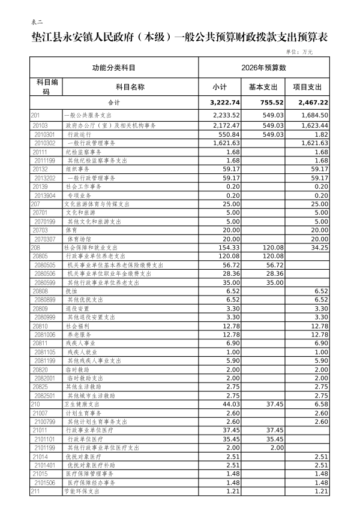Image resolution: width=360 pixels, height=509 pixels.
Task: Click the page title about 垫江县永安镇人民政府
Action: (x=179, y=38)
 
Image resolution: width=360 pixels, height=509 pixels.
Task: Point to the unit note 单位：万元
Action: (x=299, y=52)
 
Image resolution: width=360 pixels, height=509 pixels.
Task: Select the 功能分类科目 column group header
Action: (x=114, y=68)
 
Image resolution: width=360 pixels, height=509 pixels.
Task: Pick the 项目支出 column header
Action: (x=307, y=87)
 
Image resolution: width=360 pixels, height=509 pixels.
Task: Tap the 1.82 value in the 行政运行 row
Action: (x=320, y=135)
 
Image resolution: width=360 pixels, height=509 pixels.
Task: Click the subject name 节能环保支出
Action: (x=82, y=491)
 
